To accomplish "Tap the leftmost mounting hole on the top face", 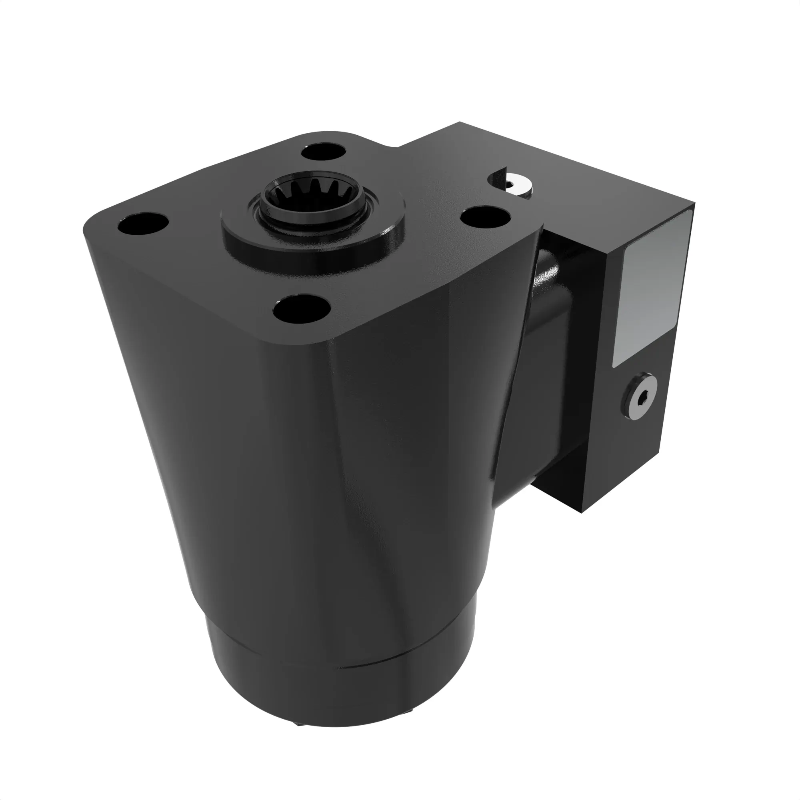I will click(x=143, y=224).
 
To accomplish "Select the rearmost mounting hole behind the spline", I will click(x=326, y=152).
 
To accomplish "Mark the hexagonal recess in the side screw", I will click(x=640, y=399).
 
